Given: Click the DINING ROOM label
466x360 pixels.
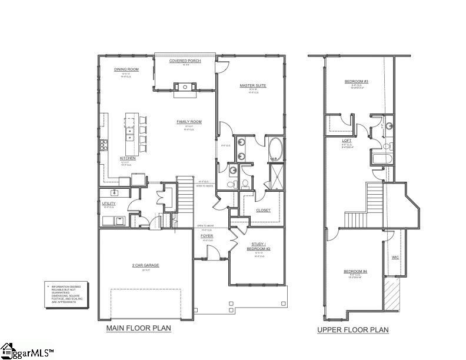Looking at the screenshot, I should tap(126, 69).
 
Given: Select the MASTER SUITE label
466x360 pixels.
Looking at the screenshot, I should tap(252, 86).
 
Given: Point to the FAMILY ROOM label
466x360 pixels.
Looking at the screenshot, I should tap(189, 122).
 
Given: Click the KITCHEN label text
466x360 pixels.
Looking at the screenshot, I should tap(128, 158).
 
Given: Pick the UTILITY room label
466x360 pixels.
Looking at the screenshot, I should tap(109, 204).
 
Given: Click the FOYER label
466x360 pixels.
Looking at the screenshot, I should tap(207, 236).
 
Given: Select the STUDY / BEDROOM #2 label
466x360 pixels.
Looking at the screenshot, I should tap(257, 246).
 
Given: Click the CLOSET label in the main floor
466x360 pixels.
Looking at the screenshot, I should tap(263, 210).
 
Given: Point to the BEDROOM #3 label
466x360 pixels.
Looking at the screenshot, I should tap(356, 81).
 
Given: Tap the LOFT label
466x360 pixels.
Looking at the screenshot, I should tap(347, 141).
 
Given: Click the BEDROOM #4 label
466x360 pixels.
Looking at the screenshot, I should tap(355, 271).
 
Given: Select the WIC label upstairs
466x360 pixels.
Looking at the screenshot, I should tap(395, 257).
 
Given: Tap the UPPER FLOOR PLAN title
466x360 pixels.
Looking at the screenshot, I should tap(352, 330).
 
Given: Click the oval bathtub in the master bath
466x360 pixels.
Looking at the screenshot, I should tap(276, 149).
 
